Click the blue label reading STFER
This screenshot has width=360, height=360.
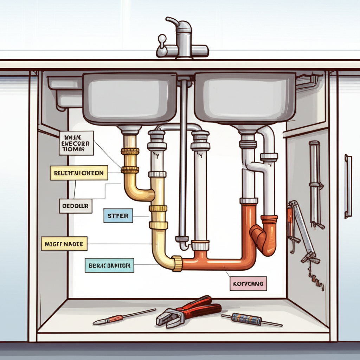118,216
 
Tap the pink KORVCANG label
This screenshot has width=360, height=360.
248,283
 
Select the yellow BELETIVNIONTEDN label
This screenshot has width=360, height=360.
79,173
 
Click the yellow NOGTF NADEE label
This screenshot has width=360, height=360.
64,244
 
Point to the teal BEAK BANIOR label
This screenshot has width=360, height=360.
109,265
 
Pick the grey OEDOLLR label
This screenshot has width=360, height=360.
76,206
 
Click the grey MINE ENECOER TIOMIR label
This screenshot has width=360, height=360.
76,143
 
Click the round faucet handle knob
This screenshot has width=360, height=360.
162,39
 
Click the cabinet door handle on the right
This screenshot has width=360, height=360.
348,186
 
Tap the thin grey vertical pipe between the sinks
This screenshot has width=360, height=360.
183,158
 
